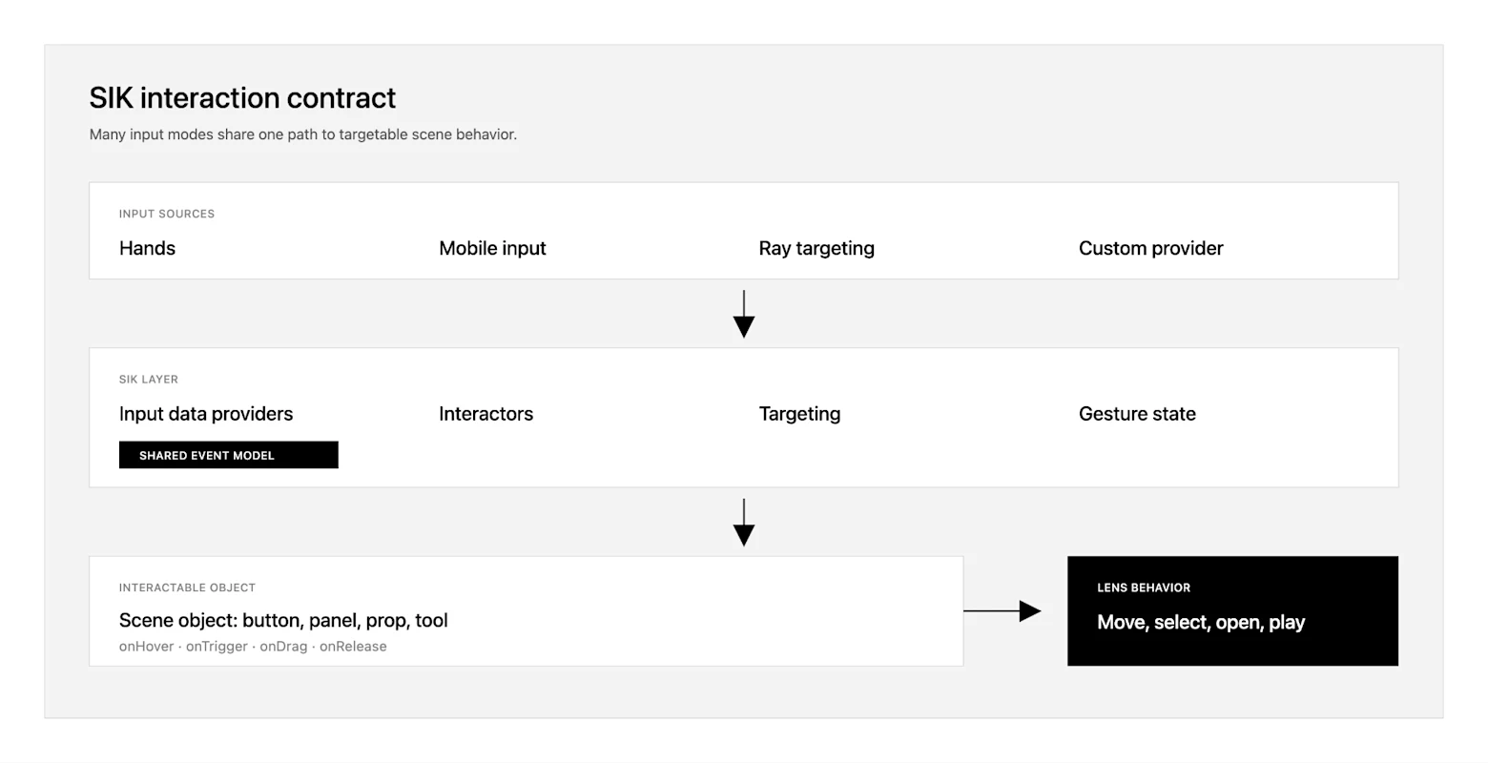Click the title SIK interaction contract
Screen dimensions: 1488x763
(242, 98)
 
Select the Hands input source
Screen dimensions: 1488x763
(147, 248)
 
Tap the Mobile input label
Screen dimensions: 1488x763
(492, 248)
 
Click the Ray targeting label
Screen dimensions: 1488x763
(816, 248)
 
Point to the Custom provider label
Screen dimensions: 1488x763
(1150, 248)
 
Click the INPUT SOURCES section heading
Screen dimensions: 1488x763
(167, 214)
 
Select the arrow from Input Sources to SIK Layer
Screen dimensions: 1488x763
(743, 314)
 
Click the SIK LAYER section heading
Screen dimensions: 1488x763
(148, 380)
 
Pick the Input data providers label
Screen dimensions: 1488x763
(206, 414)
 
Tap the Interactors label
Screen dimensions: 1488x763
(486, 414)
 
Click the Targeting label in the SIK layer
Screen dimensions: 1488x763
(799, 414)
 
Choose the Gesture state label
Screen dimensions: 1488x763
(1137, 414)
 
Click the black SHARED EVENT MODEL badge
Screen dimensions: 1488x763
(229, 455)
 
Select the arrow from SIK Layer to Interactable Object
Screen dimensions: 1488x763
(743, 523)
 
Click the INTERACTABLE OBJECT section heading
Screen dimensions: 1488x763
(187, 588)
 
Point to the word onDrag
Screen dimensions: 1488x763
(283, 646)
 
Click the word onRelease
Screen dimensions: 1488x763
(353, 646)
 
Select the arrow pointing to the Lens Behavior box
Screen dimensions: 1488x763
(1002, 611)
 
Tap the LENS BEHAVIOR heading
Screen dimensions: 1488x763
(1144, 588)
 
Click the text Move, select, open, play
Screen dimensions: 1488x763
(1201, 622)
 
